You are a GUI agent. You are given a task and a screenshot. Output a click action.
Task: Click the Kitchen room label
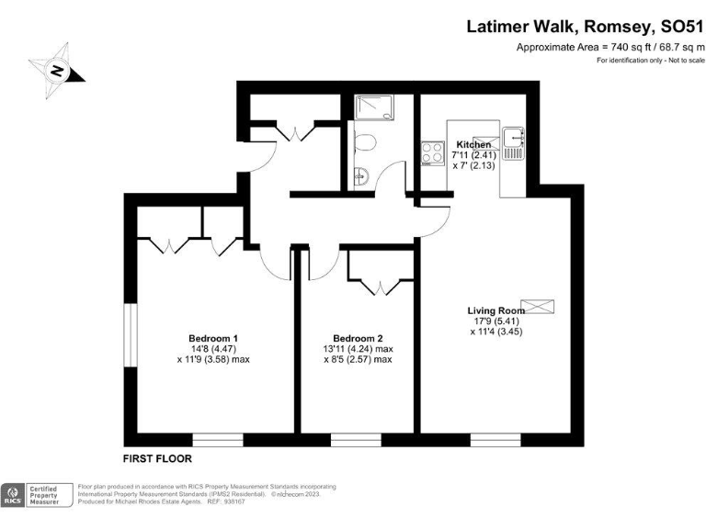coord(473,145)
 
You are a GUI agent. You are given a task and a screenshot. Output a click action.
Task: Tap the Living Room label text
coord(495,310)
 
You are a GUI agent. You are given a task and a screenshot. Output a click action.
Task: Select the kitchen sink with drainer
coord(512,142)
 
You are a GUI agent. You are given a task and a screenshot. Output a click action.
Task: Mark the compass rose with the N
coord(56,69)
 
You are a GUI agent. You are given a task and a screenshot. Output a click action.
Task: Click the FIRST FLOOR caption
coord(157,457)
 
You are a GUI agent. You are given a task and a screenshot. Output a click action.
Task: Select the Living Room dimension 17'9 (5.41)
coord(495,322)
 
